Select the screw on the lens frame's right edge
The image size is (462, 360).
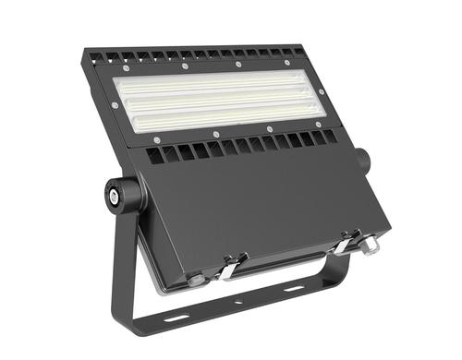(322, 92)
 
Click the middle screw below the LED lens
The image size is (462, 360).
(215, 135)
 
